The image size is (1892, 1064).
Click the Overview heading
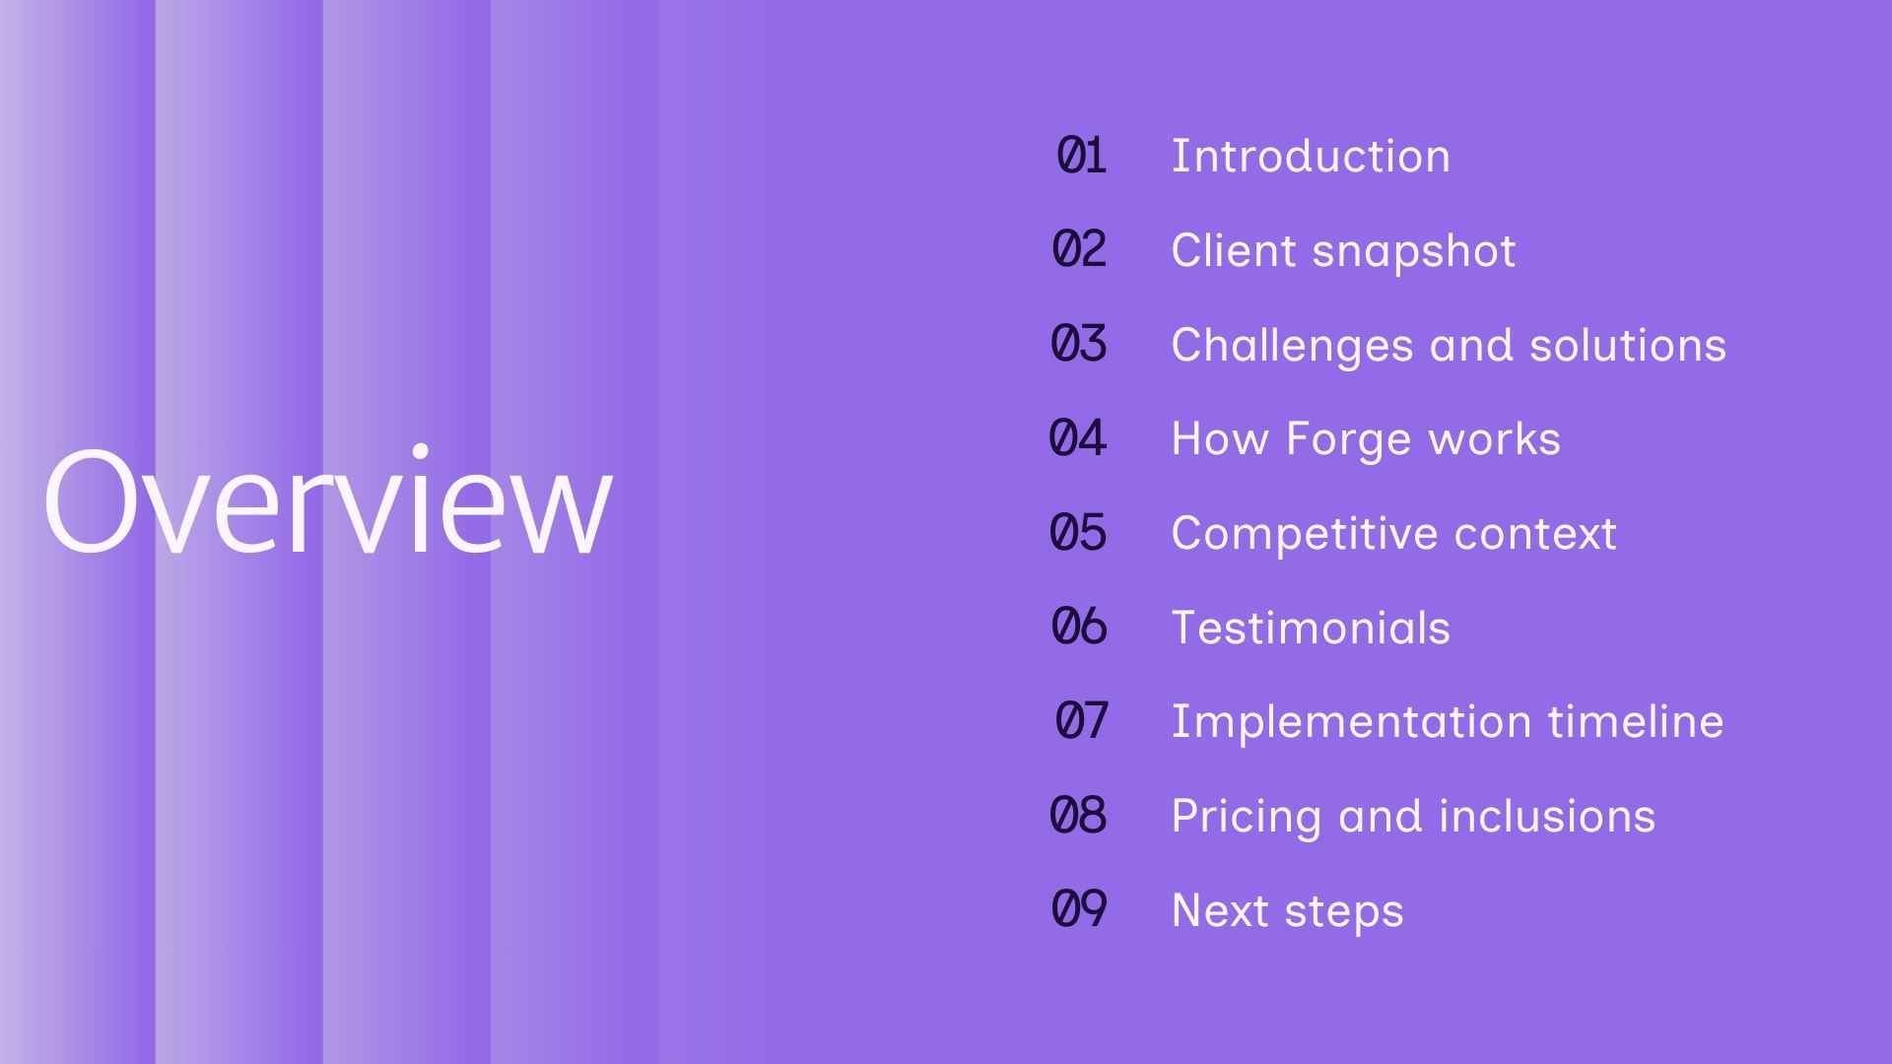[327, 502]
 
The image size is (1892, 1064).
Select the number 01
[1081, 156]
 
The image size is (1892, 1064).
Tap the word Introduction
[1311, 156]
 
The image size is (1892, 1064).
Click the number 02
[1079, 249]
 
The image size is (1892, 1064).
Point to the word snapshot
[1414, 251]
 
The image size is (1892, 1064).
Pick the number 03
[1079, 344]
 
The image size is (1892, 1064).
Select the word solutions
[1627, 345]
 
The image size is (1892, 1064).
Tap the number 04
[1078, 438]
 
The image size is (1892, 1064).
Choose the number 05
[1078, 533]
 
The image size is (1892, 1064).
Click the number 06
[1079, 627]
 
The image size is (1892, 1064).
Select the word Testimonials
[1311, 628]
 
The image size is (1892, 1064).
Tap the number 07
[1081, 721]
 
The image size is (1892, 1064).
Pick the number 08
[1078, 816]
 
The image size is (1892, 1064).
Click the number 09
[1079, 909]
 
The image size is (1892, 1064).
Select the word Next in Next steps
[1219, 910]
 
